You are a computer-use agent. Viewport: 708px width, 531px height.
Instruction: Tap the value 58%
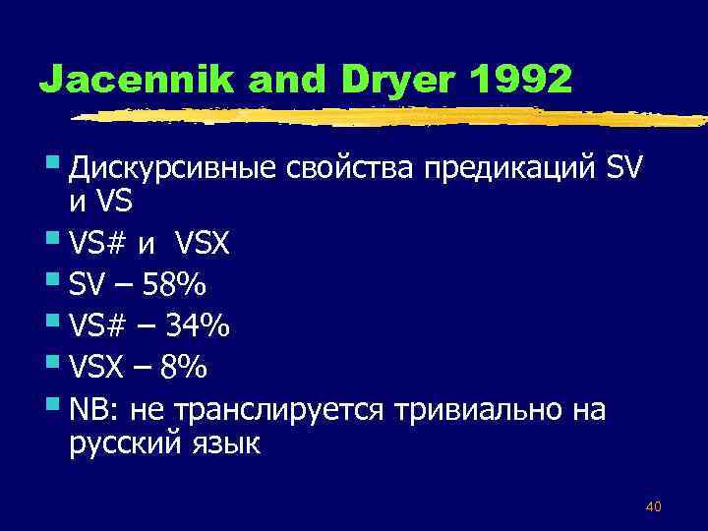174,285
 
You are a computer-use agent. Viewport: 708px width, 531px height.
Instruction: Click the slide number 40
653,506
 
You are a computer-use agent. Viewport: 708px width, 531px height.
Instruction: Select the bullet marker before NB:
57,401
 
